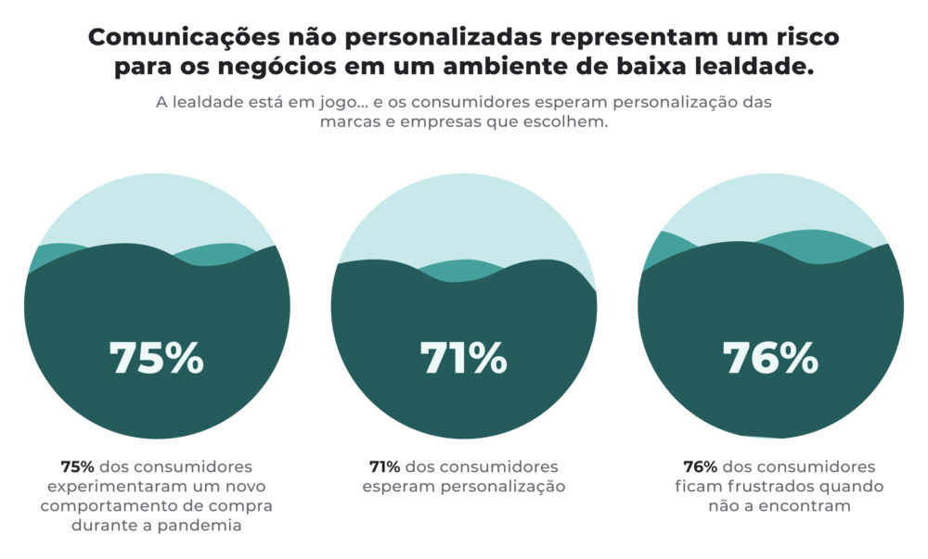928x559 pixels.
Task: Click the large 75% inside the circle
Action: (156, 358)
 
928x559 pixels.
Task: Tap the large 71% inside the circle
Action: (463, 358)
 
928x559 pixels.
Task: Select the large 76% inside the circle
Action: (770, 358)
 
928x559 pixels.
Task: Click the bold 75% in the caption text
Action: (77, 466)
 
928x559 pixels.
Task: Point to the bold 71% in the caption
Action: (384, 466)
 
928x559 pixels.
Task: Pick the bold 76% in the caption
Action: (700, 466)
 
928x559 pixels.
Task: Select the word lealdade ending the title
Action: (761, 68)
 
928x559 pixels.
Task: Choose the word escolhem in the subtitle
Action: (571, 122)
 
